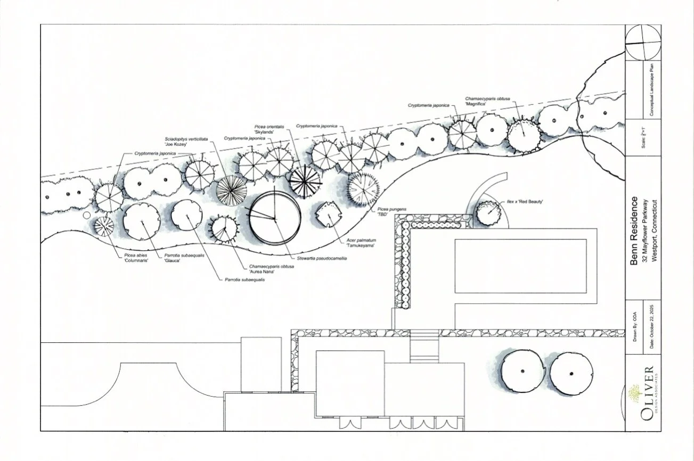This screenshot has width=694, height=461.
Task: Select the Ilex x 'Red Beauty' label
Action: pyautogui.click(x=525, y=201)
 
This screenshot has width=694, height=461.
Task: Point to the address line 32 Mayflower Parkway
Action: pyautogui.click(x=644, y=230)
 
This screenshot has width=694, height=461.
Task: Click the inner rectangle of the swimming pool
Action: pyautogui.click(x=520, y=266)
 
